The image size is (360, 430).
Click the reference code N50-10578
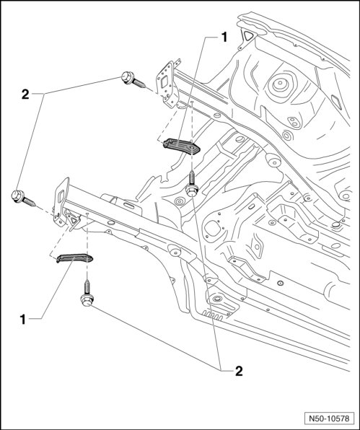pos(329,418)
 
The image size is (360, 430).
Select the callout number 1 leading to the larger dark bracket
pos(224,38)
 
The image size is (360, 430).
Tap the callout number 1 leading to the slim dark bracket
pos(23,320)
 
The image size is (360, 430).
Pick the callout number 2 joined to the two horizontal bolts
pos(25,95)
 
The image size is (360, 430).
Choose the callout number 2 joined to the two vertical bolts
pos(239,372)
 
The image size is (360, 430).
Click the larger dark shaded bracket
pos(182,146)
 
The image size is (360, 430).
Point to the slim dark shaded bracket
pos(74,258)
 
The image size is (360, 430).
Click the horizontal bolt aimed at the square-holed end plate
pos(133,79)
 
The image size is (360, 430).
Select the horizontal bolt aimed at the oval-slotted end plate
pos(23,198)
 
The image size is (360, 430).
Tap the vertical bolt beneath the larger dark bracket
pos(192,183)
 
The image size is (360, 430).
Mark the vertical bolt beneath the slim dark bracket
pos(87,293)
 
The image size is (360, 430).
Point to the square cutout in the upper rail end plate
pos(164,82)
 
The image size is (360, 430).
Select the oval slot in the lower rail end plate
pos(61,196)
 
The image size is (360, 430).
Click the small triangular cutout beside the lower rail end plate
pos(74,220)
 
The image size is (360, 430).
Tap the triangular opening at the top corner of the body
pos(248,35)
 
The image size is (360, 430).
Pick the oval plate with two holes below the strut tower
pos(294,122)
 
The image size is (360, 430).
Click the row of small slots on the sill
pos(212,315)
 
